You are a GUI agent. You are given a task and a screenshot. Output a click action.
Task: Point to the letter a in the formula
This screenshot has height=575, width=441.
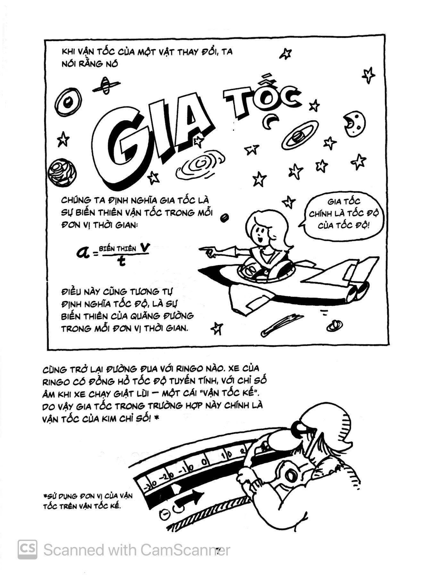(84, 252)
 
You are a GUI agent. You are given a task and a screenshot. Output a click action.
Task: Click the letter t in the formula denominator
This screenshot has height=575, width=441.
(121, 262)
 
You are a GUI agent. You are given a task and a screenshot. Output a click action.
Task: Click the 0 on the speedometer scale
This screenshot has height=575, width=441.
(204, 462)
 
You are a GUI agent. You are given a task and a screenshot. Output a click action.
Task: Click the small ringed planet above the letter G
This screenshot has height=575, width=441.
(106, 86)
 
